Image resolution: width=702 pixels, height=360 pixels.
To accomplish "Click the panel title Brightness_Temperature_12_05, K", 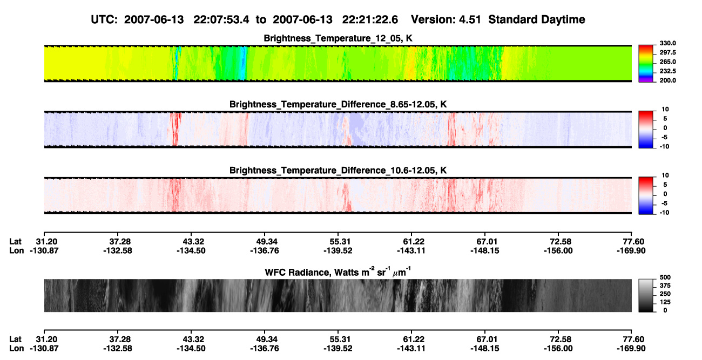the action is [338, 38].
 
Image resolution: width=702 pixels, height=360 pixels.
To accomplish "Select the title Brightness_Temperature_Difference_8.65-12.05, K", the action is [338, 104].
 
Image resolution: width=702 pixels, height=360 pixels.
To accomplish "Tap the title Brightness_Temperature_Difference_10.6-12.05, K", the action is [338, 171].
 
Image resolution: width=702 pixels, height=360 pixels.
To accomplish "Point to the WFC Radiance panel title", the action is [338, 271].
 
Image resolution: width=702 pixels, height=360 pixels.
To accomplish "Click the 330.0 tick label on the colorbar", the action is [667, 43].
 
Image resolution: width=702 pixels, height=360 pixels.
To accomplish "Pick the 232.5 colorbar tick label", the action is [667, 71].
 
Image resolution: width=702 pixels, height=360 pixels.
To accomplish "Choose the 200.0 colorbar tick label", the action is [667, 80].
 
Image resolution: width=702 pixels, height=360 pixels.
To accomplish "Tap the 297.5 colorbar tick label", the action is [667, 53].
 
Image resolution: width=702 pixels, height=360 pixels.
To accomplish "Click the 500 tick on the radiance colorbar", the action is [665, 277].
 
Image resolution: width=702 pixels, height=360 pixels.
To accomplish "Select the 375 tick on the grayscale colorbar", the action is [665, 286].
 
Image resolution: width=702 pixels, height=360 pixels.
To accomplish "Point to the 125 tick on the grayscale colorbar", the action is [665, 302].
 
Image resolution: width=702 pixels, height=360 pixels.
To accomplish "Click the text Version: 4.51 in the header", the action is [446, 19].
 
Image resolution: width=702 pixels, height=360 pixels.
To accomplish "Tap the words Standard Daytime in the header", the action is [537, 19].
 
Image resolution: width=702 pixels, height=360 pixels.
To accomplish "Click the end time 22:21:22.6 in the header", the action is [370, 19].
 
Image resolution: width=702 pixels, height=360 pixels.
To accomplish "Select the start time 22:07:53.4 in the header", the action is [221, 19].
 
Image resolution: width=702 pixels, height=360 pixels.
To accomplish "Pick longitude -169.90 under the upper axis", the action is [631, 251].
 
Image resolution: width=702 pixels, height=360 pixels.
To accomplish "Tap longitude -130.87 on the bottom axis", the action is [44, 349].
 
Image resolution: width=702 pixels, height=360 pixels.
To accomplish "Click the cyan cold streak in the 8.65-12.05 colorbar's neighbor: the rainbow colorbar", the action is [646, 73].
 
